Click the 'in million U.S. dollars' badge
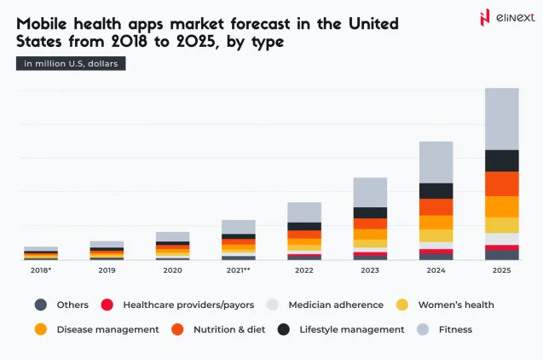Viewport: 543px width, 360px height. click(x=71, y=63)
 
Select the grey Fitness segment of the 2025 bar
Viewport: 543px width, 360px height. click(x=501, y=119)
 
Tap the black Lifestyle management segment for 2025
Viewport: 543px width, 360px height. click(x=501, y=160)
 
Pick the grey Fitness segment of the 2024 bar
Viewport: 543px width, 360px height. click(x=436, y=162)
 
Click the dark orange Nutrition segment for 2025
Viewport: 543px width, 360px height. click(x=501, y=184)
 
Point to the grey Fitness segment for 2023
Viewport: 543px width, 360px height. click(x=370, y=192)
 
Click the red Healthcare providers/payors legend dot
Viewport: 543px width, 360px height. click(x=107, y=305)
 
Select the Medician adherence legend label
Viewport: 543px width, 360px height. click(x=335, y=305)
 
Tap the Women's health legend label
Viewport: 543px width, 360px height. click(x=457, y=305)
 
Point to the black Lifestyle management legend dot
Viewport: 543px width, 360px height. click(x=283, y=329)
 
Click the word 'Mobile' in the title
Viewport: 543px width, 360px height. click(x=43, y=22)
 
